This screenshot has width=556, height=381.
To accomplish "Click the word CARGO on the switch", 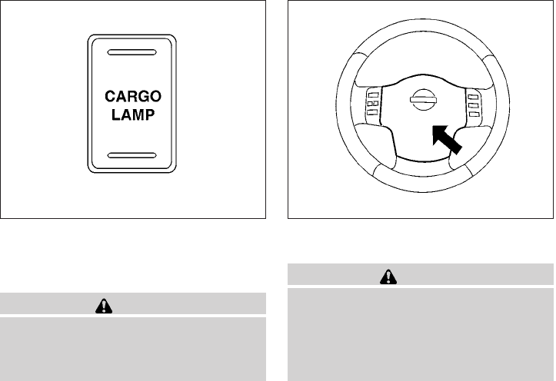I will coord(132,98).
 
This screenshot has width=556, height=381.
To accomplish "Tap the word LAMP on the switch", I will coord(132,115).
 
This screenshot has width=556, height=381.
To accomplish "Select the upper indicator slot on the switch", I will coord(132,55).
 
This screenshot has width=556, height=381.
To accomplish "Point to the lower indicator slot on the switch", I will coord(132,155).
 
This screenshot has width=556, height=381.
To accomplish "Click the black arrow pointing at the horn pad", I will coord(448,142).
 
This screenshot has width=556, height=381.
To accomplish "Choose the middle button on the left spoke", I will coord(373,103).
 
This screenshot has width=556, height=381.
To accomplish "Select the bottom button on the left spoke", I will coord(373,113).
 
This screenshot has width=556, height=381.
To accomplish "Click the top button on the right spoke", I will coord(474,93).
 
